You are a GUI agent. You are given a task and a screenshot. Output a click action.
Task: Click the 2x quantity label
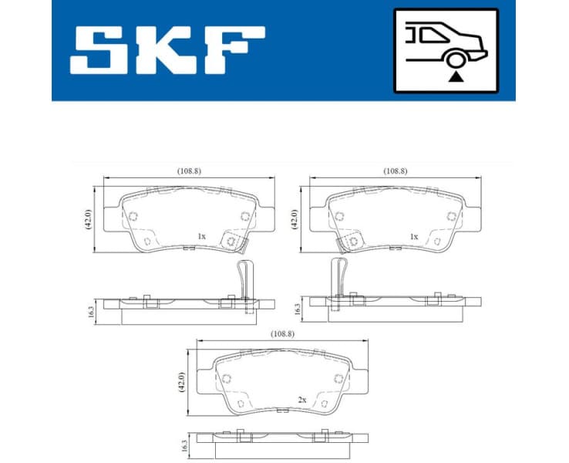[302, 400]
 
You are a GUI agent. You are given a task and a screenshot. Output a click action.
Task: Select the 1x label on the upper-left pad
[201, 235]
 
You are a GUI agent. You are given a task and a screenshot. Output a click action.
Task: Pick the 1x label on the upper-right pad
[414, 236]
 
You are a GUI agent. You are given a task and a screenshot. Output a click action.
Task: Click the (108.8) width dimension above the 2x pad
[281, 334]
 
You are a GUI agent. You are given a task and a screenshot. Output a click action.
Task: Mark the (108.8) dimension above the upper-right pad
[396, 171]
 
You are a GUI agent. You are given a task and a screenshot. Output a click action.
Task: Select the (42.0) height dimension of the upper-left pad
[89, 218]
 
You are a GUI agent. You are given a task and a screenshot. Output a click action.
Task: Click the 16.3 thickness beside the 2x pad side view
[183, 445]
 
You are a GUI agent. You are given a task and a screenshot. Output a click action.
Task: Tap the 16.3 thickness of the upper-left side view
[91, 312]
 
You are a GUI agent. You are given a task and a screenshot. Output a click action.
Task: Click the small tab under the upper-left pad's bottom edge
[188, 248]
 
